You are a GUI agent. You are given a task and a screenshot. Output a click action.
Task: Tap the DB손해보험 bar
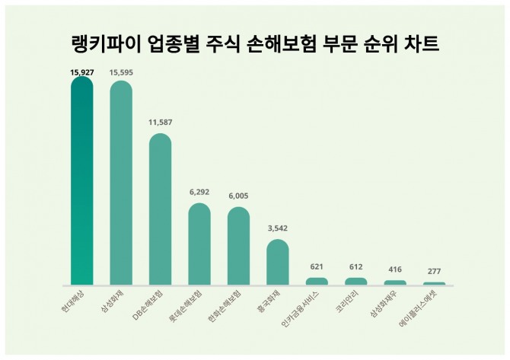[160, 209]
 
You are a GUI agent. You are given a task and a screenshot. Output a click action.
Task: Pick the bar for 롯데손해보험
[199, 244]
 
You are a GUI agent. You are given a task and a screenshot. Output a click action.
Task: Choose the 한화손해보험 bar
[238, 246]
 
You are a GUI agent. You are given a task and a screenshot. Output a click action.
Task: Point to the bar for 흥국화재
[278, 262]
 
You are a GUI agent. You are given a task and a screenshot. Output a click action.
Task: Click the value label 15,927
[81, 72]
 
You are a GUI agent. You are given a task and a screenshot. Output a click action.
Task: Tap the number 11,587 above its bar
[160, 122]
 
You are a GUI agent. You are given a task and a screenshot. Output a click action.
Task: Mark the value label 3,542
[278, 228]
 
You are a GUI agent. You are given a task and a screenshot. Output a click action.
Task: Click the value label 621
[317, 267]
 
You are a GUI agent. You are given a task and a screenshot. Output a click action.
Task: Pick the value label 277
[434, 272]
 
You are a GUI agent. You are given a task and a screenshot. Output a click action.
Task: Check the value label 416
[395, 269]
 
